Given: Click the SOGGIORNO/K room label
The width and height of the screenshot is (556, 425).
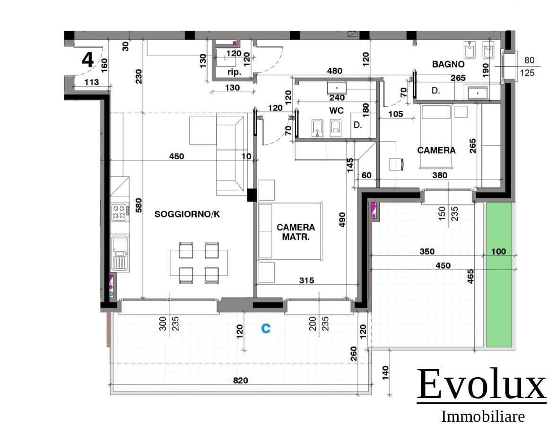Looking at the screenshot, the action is (187, 214).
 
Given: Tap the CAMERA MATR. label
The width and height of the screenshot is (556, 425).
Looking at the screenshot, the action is (296, 232).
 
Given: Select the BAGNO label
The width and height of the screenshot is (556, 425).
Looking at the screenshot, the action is (448, 64).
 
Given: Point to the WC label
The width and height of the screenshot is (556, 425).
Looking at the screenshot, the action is (336, 110).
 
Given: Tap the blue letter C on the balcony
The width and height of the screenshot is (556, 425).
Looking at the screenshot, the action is (266, 328).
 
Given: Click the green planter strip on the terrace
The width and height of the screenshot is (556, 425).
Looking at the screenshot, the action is (499, 274).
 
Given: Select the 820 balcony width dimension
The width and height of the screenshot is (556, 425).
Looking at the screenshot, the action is (240, 381).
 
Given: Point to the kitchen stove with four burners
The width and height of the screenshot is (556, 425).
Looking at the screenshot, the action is (120, 212).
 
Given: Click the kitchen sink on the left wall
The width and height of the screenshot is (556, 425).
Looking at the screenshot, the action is (120, 253).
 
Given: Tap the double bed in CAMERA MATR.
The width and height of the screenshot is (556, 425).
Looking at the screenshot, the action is (290, 231).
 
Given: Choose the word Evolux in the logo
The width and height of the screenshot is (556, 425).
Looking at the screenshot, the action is (481, 384).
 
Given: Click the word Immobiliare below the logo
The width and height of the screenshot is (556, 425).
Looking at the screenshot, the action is (483, 416).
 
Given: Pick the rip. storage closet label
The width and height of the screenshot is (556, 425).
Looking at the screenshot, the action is (234, 72).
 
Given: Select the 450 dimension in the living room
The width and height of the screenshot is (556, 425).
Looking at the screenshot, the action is (177, 156).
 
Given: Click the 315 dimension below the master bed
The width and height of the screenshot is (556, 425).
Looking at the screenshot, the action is (306, 280).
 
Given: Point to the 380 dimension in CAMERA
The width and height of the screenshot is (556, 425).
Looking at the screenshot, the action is (440, 175).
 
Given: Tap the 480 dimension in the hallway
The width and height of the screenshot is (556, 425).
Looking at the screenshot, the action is (334, 71).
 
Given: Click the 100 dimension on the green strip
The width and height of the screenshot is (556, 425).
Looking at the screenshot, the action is (498, 251).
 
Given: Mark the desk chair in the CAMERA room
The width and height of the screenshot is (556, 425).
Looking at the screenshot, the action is (396, 164).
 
